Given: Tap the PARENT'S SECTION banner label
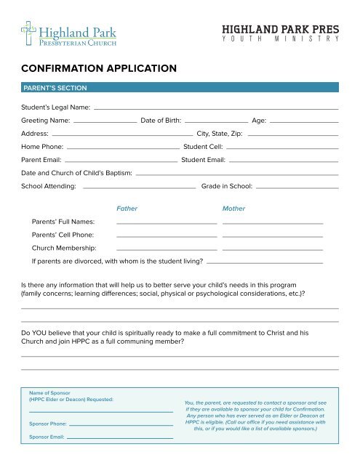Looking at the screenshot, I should [55, 88].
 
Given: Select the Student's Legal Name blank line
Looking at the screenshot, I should [216, 108].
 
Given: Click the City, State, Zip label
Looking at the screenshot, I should [220, 134].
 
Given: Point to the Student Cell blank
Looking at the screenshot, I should [282, 147].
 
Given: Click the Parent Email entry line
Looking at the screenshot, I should [120, 161].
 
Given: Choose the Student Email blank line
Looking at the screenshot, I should [284, 161].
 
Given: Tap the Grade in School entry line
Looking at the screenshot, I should [297, 188].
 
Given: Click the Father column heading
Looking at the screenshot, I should [127, 209].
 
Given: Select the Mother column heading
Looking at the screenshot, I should [233, 209].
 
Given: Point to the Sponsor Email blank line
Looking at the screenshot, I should [121, 438].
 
